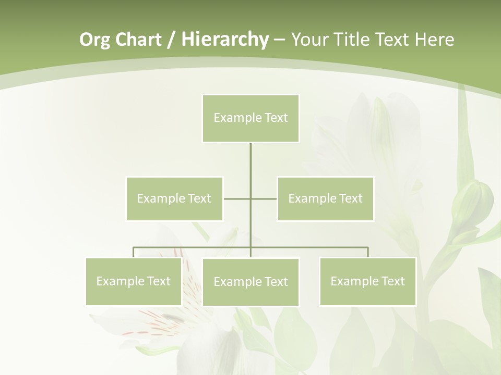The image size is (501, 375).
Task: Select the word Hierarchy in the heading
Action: tap(224, 40)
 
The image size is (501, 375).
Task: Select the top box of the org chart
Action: tap(250, 118)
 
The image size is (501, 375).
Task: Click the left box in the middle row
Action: tap(174, 198)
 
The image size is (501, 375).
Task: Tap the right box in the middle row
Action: tap(325, 198)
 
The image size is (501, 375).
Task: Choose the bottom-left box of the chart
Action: tap(134, 281)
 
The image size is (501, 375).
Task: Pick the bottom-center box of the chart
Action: tap(250, 282)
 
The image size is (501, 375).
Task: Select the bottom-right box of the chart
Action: tap(367, 281)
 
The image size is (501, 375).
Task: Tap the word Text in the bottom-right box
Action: tap(392, 281)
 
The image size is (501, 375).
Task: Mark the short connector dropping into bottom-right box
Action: tap(367, 252)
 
